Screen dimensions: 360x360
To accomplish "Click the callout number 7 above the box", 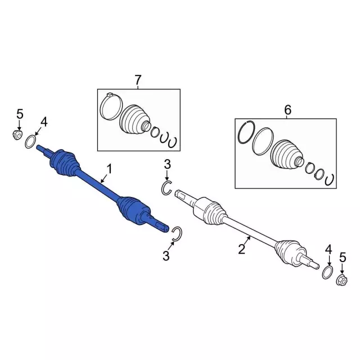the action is click(x=137, y=80).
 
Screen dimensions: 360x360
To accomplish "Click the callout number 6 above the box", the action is click(x=287, y=110).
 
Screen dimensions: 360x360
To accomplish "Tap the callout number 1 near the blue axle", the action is click(x=110, y=169).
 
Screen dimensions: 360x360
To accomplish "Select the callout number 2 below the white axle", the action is click(x=241, y=249).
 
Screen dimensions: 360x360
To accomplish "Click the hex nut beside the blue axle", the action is click(x=17, y=135).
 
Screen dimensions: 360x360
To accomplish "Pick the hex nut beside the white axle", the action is click(x=341, y=280).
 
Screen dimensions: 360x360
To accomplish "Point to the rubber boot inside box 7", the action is click(x=134, y=119).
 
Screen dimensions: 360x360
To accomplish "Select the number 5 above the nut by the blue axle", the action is click(x=20, y=114).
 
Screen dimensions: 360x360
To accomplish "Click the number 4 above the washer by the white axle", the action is click(x=328, y=250).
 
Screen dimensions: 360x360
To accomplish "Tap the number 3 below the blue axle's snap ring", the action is click(x=166, y=255).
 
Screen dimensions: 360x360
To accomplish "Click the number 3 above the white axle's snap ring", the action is click(x=167, y=165).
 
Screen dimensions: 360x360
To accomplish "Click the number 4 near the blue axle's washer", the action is click(x=44, y=122).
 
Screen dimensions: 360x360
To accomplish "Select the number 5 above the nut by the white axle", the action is click(x=343, y=258).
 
